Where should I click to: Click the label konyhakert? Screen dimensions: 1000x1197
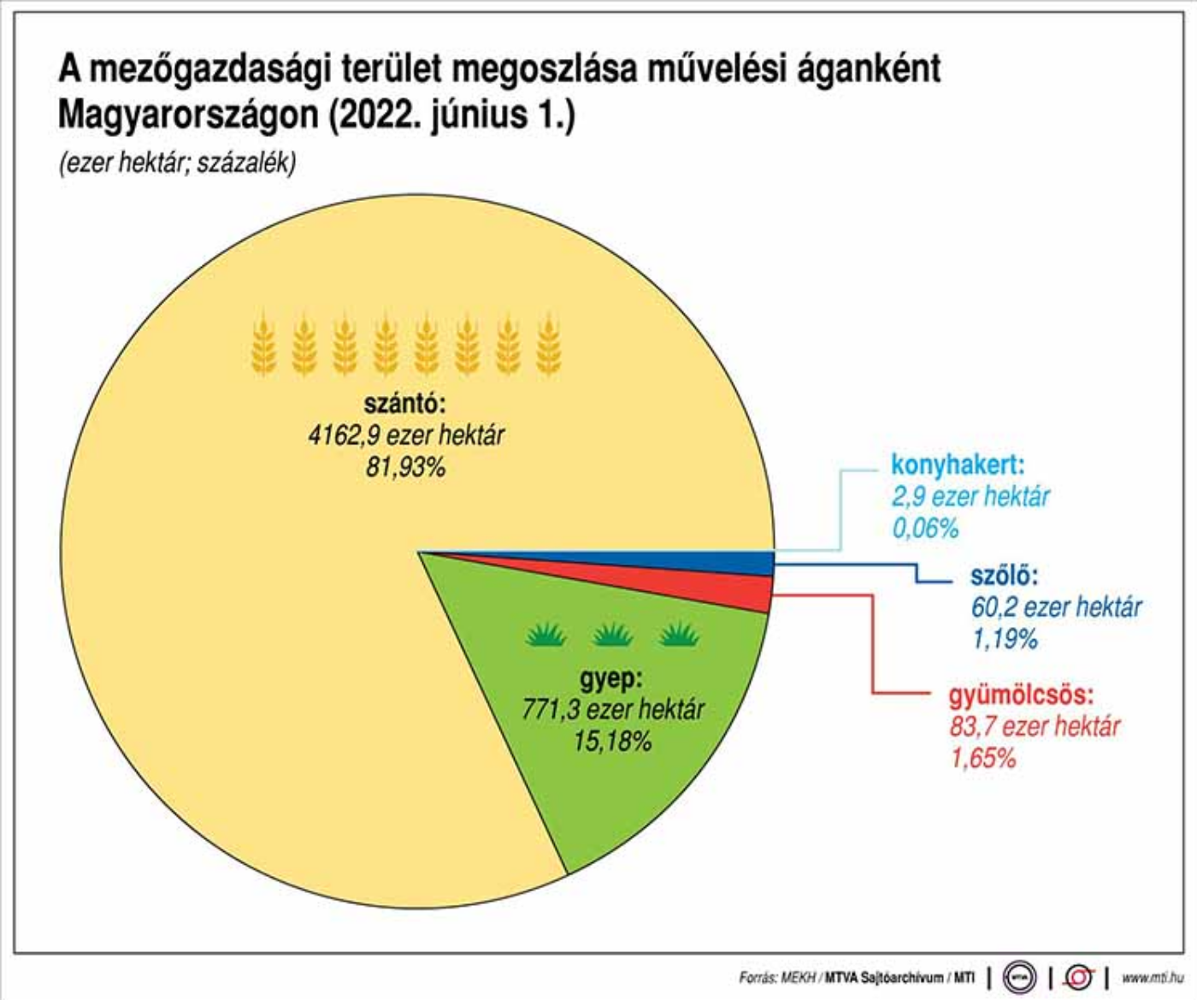pos(958,465)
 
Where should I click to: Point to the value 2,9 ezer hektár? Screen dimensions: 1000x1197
pos(970,497)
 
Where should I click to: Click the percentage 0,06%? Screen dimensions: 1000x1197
pos(925,529)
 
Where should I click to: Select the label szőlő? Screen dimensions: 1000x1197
pos(1004,576)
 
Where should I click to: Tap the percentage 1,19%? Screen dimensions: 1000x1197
pos(1004,639)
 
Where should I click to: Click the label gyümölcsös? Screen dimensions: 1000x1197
pos(1021,695)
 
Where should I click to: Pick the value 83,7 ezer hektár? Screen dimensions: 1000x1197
pos(1034,727)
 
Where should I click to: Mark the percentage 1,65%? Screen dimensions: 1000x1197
pos(983,758)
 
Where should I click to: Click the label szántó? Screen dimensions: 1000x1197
pos(405,404)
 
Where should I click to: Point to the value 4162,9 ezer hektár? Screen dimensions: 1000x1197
pos(406,435)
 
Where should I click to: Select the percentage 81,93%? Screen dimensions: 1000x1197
pos(405,467)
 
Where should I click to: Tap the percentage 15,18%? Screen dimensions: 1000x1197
pos(612,741)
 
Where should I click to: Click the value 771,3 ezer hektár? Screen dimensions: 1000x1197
pos(612,709)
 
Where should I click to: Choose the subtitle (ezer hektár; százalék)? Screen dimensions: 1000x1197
pos(177,163)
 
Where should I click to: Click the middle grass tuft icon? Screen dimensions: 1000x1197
pos(612,635)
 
